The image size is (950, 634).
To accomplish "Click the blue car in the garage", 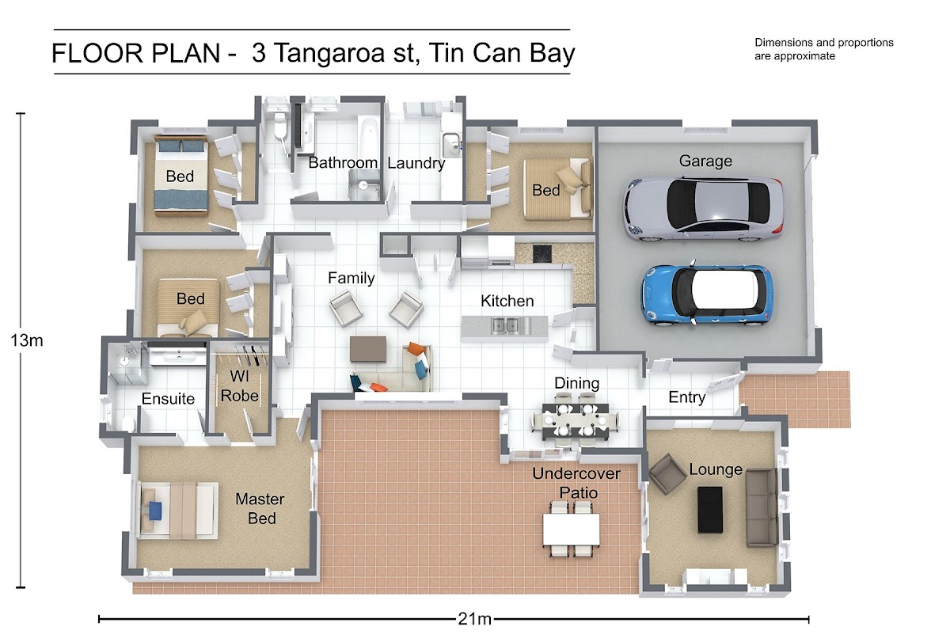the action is (706, 294).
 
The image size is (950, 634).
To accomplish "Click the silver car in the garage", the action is (704, 208).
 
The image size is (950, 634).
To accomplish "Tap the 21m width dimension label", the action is (474, 619).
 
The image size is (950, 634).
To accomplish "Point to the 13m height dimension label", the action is (27, 340).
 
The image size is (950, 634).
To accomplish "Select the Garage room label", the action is (705, 161).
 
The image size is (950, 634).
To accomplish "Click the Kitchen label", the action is (507, 301).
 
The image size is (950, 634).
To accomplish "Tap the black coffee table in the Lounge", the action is (710, 510).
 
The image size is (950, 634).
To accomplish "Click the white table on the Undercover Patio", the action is (572, 530).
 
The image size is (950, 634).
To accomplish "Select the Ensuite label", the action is (168, 399).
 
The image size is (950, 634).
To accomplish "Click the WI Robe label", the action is (240, 386).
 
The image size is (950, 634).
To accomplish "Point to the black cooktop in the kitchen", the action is (542, 253).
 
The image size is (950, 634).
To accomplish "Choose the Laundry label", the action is (416, 163).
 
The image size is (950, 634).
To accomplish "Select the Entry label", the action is (687, 397).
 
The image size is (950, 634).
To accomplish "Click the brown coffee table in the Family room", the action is (368, 349).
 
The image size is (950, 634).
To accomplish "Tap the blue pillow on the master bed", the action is (155, 511).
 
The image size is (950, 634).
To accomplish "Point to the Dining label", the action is (577, 383).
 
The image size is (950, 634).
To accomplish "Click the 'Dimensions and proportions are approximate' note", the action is (823, 49).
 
